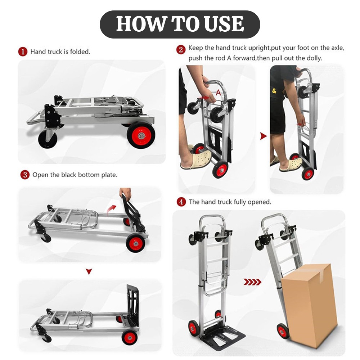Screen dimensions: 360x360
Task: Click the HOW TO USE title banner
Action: click(180, 24)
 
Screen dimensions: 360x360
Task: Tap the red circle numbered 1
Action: click(23, 52)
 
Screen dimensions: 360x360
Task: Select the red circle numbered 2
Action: click(181, 49)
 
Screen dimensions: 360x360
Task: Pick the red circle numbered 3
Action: click(24, 175)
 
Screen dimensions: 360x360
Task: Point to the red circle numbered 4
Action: click(181, 202)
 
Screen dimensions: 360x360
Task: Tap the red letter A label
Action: click(219, 92)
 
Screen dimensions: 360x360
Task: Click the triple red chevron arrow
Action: click(252, 282)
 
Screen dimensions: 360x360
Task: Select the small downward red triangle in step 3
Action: click(89, 272)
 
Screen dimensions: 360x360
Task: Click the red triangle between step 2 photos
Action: click(264, 136)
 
